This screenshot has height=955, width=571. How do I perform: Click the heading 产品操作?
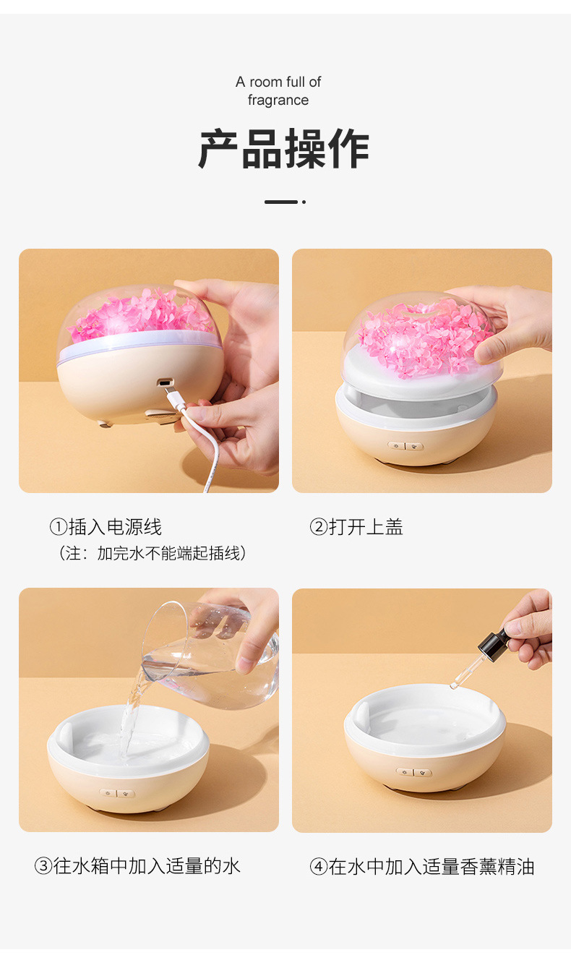coord(284,150)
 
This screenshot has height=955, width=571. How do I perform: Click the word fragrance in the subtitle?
coord(278,100)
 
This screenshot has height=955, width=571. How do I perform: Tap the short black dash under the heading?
coord(281,202)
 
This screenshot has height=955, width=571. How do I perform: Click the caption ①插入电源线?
coord(106,527)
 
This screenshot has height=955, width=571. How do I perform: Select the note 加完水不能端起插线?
coord(172,554)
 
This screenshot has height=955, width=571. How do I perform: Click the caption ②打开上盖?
coord(356,527)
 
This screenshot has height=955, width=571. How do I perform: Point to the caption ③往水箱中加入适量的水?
coord(137,865)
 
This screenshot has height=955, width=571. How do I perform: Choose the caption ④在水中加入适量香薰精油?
coord(422,866)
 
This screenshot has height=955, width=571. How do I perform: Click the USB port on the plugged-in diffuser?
coord(166,383)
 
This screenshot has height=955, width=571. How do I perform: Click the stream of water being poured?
coord(130,716)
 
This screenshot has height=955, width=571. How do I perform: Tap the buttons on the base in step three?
coord(117,793)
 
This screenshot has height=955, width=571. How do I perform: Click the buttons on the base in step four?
coord(413,772)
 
